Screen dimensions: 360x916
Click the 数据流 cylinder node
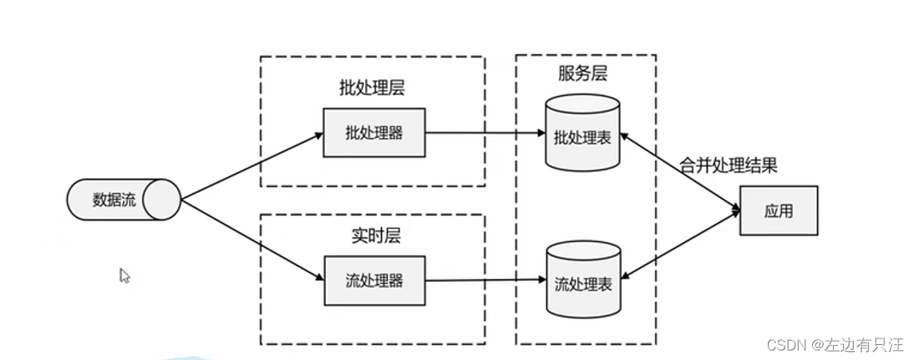tap(124, 200)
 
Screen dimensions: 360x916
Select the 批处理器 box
tap(375, 133)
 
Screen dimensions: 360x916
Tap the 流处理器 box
tap(375, 280)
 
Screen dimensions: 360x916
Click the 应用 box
tap(779, 211)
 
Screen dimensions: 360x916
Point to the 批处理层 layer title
tap(371, 88)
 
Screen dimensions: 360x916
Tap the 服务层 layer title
tap(582, 73)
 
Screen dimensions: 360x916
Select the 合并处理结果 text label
tap(728, 166)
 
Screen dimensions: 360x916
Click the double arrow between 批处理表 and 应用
tap(679, 172)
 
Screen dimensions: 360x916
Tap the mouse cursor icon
tap(124, 275)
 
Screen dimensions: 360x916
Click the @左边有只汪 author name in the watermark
tap(858, 345)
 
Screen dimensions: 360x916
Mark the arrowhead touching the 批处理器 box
tap(318, 135)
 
